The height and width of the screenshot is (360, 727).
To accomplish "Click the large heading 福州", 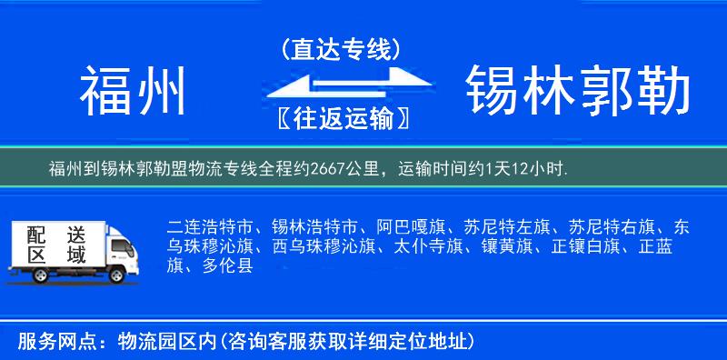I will tap(134, 92).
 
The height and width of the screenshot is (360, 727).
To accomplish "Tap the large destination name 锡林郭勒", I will tap(577, 92).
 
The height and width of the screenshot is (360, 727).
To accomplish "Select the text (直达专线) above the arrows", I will tap(341, 49).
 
